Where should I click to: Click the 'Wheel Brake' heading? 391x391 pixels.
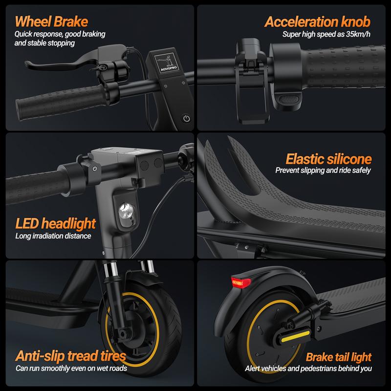click(x=51, y=22)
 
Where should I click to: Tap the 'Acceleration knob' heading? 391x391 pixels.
click(x=317, y=22)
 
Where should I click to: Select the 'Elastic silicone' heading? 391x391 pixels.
click(x=328, y=159)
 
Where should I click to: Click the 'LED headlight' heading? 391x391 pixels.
click(x=55, y=224)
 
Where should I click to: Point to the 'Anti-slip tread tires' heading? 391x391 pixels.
click(x=71, y=356)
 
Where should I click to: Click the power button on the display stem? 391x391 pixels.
click(x=186, y=118)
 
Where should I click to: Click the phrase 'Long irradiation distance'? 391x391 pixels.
click(x=53, y=237)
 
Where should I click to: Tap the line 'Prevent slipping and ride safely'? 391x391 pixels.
click(x=323, y=171)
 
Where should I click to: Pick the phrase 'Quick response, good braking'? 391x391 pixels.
click(x=60, y=34)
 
